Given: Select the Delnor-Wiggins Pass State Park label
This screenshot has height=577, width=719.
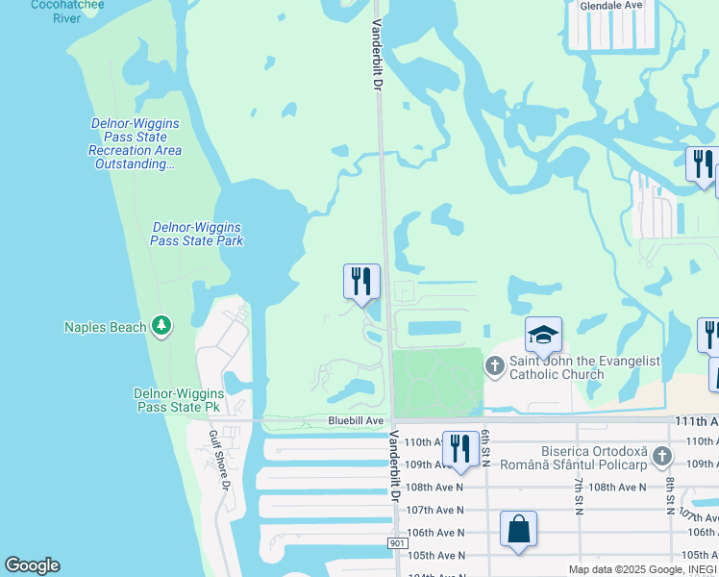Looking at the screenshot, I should (197, 234).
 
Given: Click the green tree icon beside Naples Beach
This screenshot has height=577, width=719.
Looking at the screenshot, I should (162, 327).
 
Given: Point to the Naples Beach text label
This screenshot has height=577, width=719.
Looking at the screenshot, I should (105, 327).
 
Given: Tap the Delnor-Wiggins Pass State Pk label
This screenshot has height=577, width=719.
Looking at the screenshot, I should (179, 401).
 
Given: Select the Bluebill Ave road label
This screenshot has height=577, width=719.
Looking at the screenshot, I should (356, 420).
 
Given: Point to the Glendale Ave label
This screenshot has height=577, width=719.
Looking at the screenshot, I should (610, 5).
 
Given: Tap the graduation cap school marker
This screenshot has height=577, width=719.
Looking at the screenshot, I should (543, 336).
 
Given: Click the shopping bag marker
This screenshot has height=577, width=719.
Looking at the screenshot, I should (518, 530).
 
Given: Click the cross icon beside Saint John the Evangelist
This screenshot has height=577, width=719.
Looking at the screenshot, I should (495, 364).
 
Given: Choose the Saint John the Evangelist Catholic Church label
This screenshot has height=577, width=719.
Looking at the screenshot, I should (584, 367).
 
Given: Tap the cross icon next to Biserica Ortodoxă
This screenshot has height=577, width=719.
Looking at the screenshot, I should (660, 454).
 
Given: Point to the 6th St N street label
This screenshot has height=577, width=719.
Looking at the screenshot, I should (487, 448).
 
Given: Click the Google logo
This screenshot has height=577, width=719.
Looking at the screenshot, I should (32, 565).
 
